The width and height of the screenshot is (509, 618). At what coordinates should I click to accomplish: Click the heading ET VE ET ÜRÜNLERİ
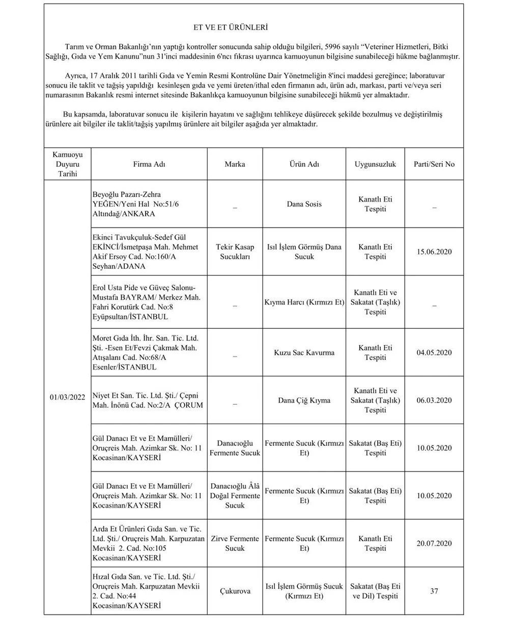(235, 27)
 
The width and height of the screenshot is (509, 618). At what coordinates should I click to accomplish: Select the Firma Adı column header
(149, 164)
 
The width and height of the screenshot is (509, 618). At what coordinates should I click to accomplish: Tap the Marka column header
(235, 164)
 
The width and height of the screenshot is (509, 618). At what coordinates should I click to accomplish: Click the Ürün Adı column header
(304, 164)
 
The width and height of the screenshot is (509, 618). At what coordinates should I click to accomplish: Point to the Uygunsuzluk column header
(375, 164)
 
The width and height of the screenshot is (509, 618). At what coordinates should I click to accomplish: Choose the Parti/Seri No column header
(434, 164)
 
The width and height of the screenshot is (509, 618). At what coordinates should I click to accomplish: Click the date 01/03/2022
(67, 398)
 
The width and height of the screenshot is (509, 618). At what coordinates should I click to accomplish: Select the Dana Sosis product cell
(304, 204)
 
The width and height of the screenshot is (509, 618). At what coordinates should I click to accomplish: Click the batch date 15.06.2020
(434, 252)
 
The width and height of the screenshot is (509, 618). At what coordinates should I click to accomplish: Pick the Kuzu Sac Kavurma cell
(304, 352)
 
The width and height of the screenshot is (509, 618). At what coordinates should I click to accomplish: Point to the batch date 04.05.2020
(434, 352)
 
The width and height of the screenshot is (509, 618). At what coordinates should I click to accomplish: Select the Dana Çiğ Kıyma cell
(304, 400)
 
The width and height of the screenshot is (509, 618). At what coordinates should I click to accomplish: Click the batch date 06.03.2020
(434, 400)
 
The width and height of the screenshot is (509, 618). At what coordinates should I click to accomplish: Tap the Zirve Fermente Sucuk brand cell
(235, 543)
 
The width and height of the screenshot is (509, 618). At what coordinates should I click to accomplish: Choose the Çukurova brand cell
(235, 592)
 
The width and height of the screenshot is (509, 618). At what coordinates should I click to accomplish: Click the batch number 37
(434, 592)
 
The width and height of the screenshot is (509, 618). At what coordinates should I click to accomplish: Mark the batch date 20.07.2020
(434, 543)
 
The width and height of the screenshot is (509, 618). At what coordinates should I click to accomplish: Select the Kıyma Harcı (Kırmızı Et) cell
(304, 302)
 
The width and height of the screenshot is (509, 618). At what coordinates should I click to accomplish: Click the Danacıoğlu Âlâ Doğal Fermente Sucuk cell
(235, 496)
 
